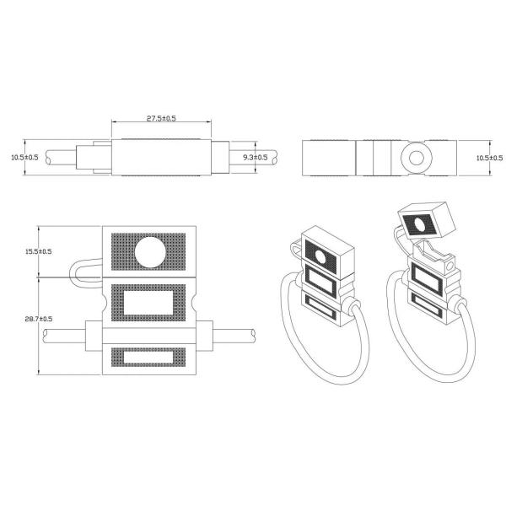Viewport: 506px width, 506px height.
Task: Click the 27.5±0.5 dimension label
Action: [x=161, y=118]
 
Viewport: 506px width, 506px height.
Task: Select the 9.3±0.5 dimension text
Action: [x=255, y=158]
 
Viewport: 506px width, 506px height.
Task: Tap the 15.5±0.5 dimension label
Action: [x=39, y=251]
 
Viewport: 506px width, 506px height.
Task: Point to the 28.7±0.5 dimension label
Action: [x=39, y=319]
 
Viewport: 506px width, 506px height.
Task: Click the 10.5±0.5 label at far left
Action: [x=24, y=158]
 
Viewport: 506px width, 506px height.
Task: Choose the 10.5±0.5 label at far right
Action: [x=489, y=158]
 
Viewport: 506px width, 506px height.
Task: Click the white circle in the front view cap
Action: [x=150, y=252]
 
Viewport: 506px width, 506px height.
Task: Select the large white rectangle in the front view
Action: [x=148, y=303]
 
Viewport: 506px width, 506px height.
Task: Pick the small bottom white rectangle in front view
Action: [x=148, y=357]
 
